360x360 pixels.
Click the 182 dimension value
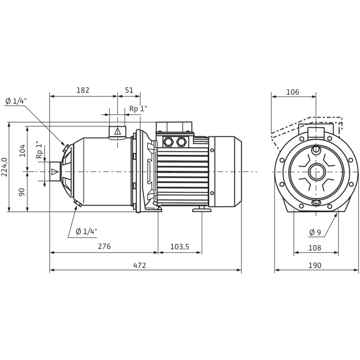click(x=83, y=90)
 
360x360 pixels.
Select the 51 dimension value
click(x=129, y=90)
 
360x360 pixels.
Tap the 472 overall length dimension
click(x=139, y=265)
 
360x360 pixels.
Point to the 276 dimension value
click(x=104, y=246)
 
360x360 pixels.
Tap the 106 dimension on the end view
click(x=293, y=92)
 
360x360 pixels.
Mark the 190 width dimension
click(x=315, y=265)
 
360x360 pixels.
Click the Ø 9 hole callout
click(x=315, y=232)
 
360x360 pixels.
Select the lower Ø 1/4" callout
click(x=86, y=231)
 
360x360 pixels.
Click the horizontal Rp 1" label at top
click(x=138, y=109)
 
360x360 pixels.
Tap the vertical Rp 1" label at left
click(x=39, y=152)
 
